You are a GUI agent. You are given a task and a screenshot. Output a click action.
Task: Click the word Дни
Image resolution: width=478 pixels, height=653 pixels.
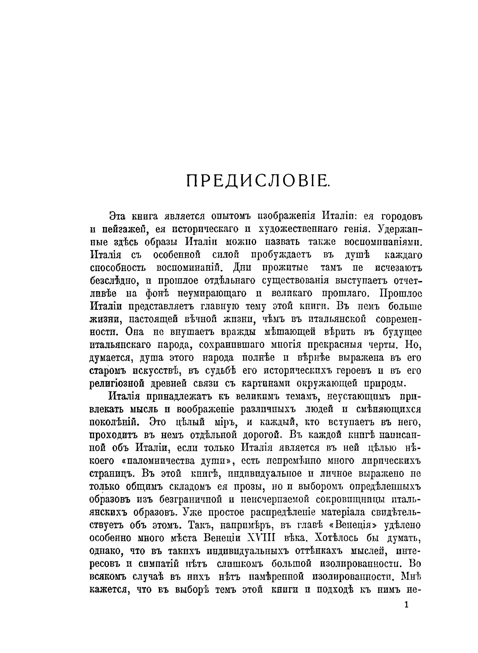242,268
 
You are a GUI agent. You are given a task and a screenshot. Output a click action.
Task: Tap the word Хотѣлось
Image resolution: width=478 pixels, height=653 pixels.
337,538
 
